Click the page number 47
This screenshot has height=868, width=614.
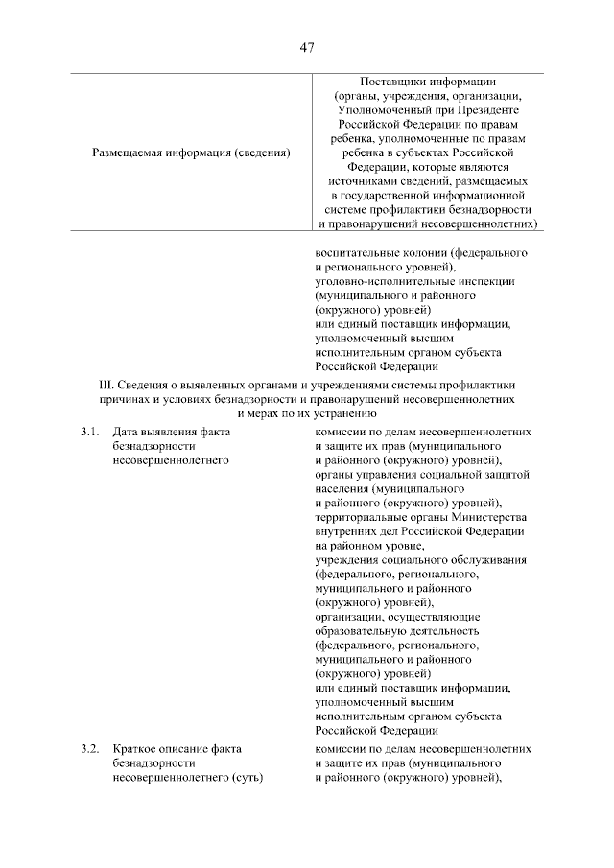pos(307,47)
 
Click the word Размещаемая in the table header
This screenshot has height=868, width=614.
pos(128,152)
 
